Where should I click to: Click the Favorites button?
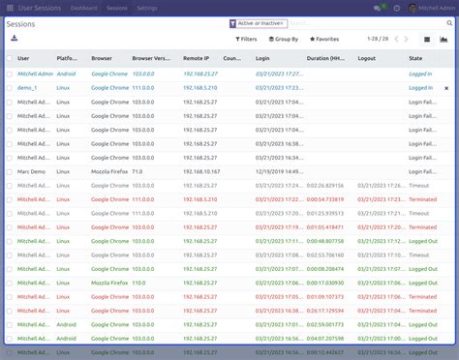coord(324,40)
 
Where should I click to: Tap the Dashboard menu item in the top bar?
coord(83,8)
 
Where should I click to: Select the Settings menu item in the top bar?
coord(147,8)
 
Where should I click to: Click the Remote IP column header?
coord(198,58)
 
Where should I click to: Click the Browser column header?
coord(102,58)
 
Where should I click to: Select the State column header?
coord(415,58)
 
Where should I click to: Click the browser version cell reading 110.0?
coord(141,283)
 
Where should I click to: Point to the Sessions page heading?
coord(23,23)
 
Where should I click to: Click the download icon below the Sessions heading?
coord(15,39)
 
